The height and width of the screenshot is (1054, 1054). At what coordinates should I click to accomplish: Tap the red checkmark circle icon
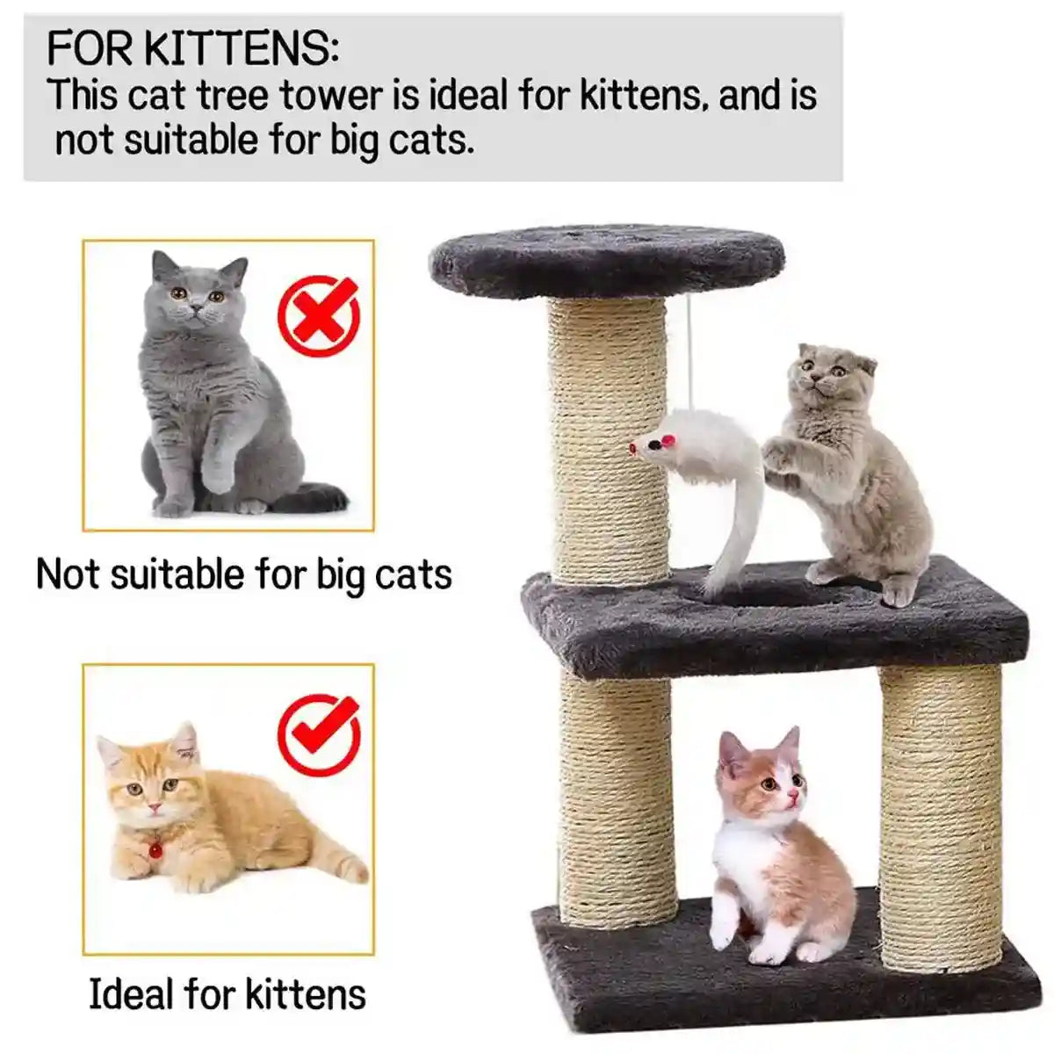click(x=319, y=735)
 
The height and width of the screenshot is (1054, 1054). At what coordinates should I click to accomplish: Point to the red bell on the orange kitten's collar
click(x=155, y=850)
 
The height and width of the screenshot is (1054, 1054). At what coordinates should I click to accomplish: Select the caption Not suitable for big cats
click(x=243, y=575)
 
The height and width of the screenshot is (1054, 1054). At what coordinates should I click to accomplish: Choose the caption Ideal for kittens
click(x=227, y=994)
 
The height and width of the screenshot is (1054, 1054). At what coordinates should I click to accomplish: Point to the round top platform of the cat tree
click(x=607, y=259)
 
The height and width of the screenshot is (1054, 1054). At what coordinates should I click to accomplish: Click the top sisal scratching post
click(x=608, y=439)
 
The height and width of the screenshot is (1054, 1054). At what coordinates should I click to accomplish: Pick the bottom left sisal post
click(x=617, y=799)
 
